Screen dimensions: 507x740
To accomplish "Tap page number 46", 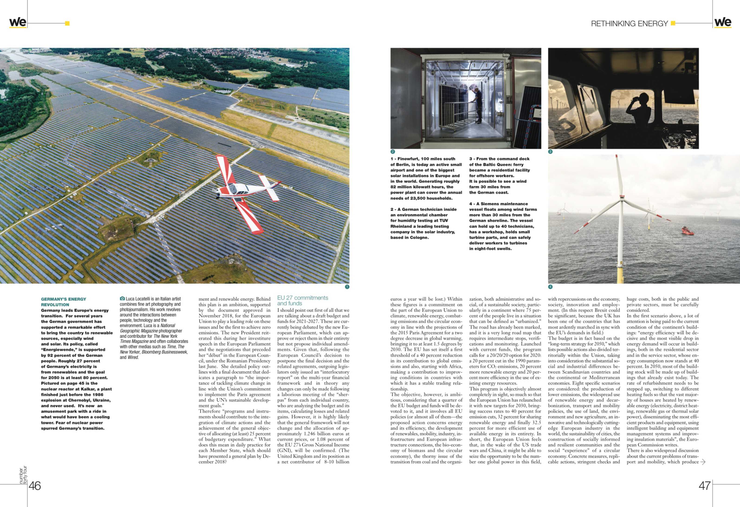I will pos(35,486).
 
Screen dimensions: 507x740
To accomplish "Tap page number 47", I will pos(704,486).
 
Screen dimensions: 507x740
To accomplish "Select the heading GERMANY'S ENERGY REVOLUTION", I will pos(63,302).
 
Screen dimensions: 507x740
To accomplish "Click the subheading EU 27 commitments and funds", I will pos(302,300).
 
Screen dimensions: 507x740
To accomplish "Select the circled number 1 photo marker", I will pos(347,287).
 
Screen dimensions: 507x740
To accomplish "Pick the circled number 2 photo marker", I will pos(393,152).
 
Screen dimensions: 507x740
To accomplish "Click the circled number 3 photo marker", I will pos(550,152).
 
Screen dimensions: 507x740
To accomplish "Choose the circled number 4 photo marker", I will pos(550,287).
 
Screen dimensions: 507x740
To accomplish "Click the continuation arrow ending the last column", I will pos(703,462).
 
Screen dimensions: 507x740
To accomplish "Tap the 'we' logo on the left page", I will pos(18,22).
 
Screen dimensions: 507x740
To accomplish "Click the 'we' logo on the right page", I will pos(723,22).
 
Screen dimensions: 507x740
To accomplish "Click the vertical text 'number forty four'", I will pos(23,475).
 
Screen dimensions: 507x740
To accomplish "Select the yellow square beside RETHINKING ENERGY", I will pos(673,23).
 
